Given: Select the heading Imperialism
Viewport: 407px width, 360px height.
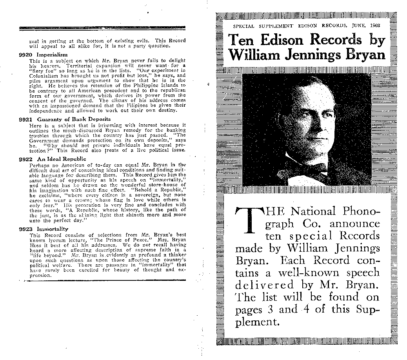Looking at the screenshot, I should coord(53,55).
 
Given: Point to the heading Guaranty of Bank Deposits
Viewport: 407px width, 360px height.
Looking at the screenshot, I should coord(74,119).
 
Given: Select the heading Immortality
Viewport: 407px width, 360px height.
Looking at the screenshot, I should coord(53,229).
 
